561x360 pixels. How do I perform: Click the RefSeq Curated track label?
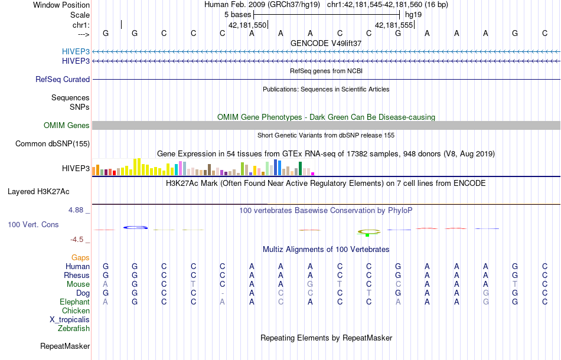63,79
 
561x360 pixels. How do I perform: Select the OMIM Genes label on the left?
66,125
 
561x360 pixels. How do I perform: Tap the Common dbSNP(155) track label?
53,143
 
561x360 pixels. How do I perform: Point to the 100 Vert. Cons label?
33,225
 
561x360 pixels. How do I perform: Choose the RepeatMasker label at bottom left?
65,346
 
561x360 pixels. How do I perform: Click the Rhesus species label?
77,275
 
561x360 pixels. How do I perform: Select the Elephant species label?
74,302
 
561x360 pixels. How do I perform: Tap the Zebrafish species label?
74,328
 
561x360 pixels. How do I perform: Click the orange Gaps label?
80,257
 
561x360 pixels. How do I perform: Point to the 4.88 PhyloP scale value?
79,210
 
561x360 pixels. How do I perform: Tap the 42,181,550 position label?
247,25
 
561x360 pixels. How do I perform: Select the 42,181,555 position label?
394,25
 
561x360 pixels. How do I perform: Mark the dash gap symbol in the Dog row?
222,293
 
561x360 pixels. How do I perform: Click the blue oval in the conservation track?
135,228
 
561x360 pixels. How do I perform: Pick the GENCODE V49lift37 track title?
326,43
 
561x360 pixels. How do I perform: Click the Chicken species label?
76,310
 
